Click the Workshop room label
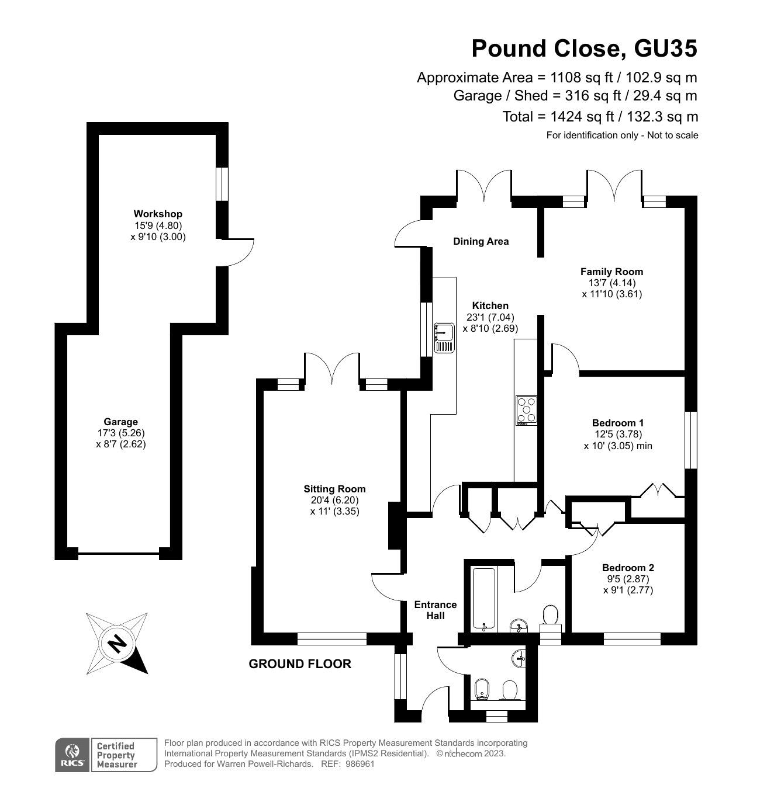157,214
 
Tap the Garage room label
120,422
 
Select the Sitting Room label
334,489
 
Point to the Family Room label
611,272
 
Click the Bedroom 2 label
628,568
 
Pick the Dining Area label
481,241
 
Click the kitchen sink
444,338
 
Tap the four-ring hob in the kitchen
527,411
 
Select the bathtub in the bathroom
484,601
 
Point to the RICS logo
72,755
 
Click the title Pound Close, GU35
584,48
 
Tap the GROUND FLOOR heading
300,664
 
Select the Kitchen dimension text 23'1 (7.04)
490,317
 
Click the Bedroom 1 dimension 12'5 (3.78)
618,434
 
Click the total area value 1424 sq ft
582,117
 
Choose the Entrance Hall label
436,610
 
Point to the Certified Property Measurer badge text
116,755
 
